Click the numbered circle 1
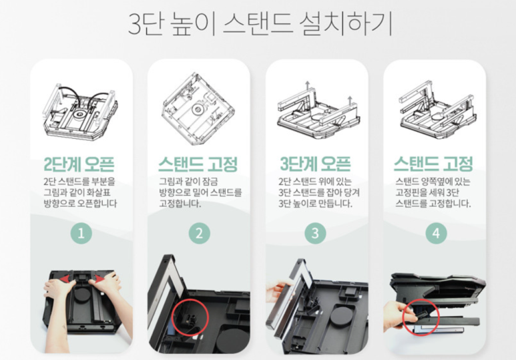click(81, 233)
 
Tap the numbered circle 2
click(199, 233)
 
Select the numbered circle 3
click(315, 233)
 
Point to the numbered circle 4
click(436, 233)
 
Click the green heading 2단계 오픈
click(79, 164)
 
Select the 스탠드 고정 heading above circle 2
click(198, 164)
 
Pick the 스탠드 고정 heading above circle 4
click(433, 164)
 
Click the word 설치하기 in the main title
click(346, 24)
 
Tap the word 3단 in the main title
click(146, 24)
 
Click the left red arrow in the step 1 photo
click(67, 279)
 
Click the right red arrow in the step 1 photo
click(97, 279)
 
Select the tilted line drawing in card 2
click(198, 109)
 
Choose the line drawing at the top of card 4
click(438, 110)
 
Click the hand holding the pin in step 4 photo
click(400, 313)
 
